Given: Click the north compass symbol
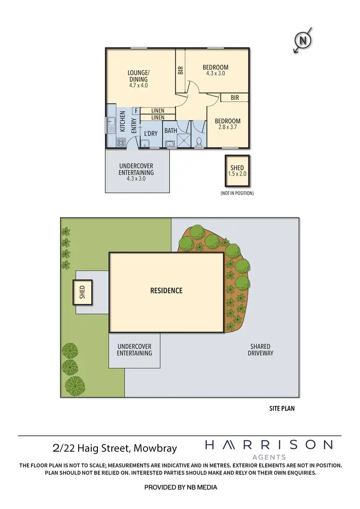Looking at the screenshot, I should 303,41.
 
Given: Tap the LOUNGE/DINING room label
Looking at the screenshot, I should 138,76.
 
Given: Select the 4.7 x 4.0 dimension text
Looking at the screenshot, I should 138,85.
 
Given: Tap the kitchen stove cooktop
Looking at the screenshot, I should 120,142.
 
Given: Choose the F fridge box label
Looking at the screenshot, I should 136,111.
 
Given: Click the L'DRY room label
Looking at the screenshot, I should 151,133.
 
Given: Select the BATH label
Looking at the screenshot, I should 170,130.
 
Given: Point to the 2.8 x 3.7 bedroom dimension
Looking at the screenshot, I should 228,128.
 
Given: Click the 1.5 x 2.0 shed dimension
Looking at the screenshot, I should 237,174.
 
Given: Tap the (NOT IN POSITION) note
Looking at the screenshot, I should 237,193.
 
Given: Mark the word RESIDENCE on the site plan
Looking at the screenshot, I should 166,290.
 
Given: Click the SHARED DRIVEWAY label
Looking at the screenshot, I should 260,350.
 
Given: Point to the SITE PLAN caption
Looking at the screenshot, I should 282,409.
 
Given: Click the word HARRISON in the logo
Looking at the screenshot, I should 268,445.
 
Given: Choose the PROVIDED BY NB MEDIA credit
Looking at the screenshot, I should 180,487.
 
